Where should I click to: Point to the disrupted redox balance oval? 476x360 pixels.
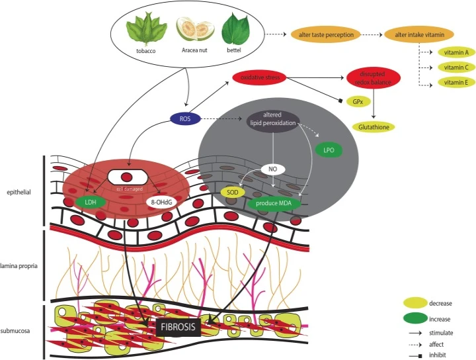pyautogui.click(x=374, y=78)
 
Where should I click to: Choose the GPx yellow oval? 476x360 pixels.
pyautogui.click(x=358, y=102)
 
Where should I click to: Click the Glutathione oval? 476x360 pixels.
pyautogui.click(x=374, y=126)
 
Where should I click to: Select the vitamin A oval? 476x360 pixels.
pyautogui.click(x=456, y=52)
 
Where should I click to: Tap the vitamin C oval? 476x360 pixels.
pyautogui.click(x=456, y=67)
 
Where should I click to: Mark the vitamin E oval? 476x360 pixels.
pyautogui.click(x=456, y=83)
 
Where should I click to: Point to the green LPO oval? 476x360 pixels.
pyautogui.click(x=329, y=151)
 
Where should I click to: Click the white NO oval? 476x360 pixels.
pyautogui.click(x=272, y=169)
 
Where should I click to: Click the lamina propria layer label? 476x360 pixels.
pyautogui.click(x=20, y=265)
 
